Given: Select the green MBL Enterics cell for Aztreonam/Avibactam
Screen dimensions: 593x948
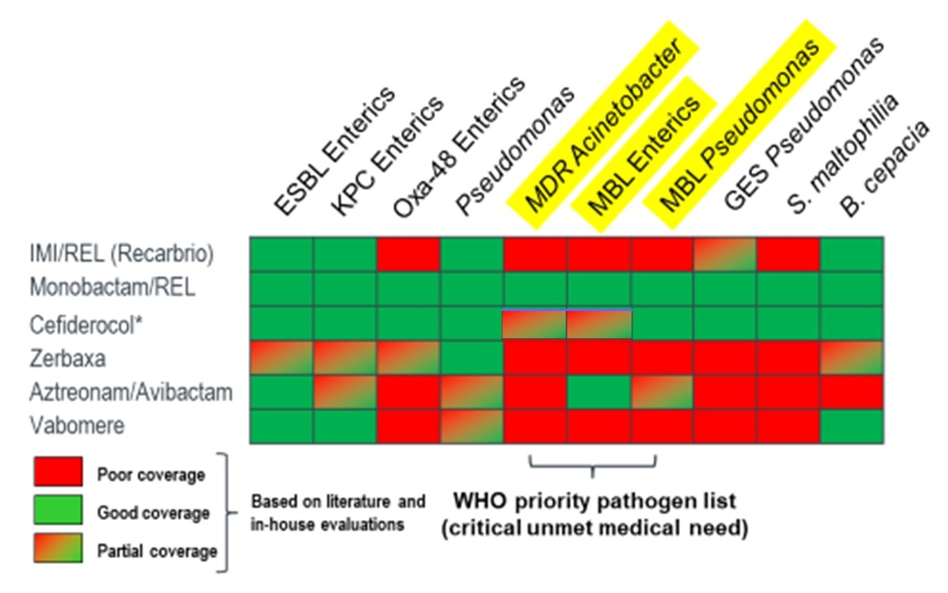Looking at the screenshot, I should pos(599,392).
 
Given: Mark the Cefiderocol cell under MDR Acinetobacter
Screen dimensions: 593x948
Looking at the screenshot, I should pos(535,324).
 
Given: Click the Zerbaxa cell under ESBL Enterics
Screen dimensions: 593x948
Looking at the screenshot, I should pos(282,358).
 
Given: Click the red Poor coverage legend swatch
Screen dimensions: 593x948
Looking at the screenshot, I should pos(58,473).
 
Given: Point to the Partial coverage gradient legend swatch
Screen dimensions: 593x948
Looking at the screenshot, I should pos(58,548).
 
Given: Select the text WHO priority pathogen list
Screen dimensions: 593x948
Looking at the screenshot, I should pos(594,502).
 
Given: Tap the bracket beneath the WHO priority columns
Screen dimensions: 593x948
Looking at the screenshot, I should pos(593,466).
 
